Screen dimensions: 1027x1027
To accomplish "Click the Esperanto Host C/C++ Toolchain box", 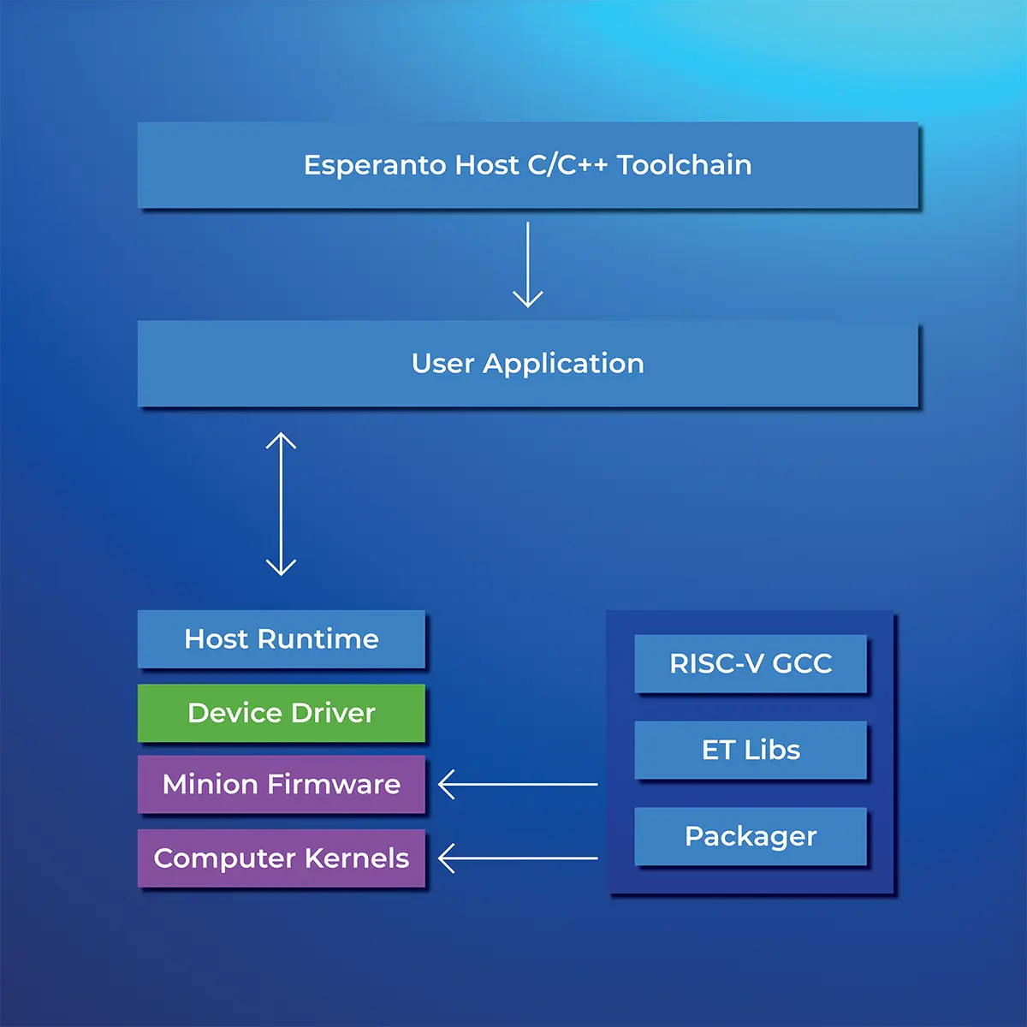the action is click(528, 164).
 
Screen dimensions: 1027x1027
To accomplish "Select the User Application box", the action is click(528, 364).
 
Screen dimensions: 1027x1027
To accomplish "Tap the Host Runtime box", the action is click(282, 639).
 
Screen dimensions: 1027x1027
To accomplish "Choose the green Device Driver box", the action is click(282, 713).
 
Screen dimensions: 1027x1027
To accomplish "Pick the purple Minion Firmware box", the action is click(282, 784).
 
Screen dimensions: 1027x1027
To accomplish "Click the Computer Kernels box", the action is click(282, 858).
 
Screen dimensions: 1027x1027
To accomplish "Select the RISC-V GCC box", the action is click(751, 663).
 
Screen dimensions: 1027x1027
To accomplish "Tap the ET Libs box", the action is click(751, 750).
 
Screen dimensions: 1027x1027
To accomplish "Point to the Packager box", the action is click(751, 836).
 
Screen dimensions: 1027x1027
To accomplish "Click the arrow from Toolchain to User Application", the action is click(528, 264).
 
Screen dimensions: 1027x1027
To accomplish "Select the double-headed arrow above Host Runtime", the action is click(281, 504).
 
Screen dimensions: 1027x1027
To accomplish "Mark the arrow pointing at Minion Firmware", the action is click(518, 785).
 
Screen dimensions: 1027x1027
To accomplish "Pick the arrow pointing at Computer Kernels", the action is click(518, 858).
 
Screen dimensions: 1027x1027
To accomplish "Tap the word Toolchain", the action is click(685, 164).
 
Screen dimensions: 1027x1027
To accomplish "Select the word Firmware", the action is click(334, 784).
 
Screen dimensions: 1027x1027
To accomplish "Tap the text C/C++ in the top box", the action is click(567, 164).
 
